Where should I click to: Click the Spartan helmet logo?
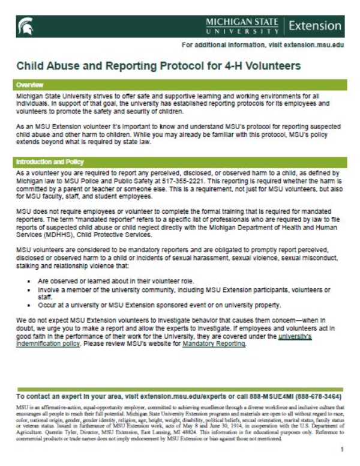pyautogui.click(x=26, y=26)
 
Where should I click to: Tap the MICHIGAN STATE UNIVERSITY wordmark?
pyautogui.click(x=242, y=26)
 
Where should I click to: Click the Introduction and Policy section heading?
pyautogui.click(x=50, y=162)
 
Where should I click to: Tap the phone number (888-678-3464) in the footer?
pyautogui.click(x=316, y=397)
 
